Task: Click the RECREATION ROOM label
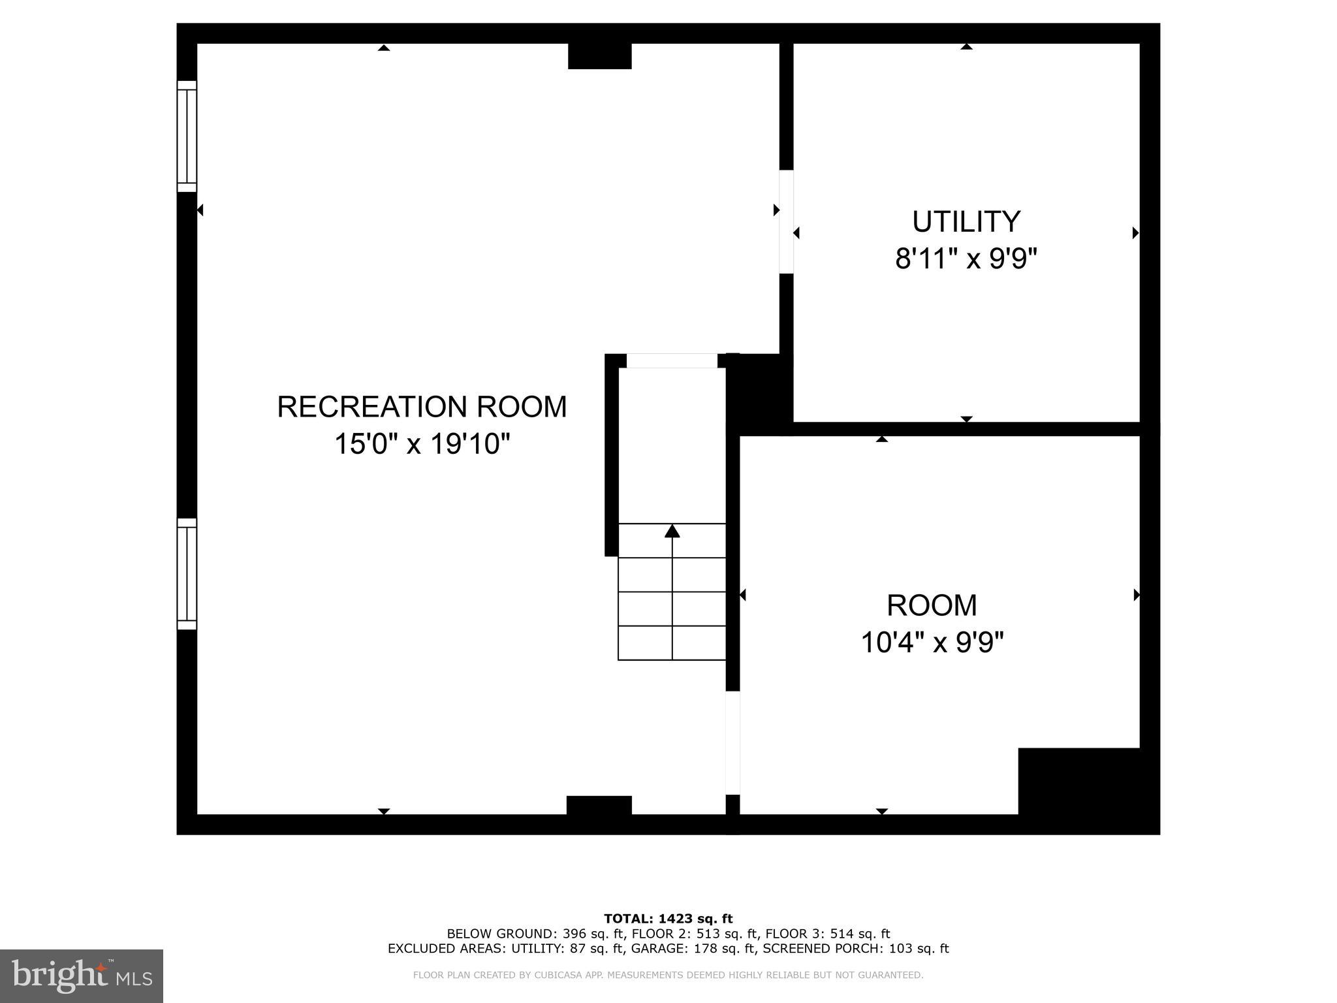422,407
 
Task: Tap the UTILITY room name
966,222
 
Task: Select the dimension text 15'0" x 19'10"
422,445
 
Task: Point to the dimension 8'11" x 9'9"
966,259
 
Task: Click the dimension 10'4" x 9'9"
932,643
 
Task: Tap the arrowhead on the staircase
672,531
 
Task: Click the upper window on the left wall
187,136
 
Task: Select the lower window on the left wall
187,574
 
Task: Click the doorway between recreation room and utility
786,222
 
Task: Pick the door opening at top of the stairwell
672,361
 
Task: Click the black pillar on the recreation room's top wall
600,56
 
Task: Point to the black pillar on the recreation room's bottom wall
599,805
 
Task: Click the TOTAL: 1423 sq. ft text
668,919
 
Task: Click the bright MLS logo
82,976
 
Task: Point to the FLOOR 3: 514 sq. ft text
828,934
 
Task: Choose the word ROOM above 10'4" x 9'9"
932,605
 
